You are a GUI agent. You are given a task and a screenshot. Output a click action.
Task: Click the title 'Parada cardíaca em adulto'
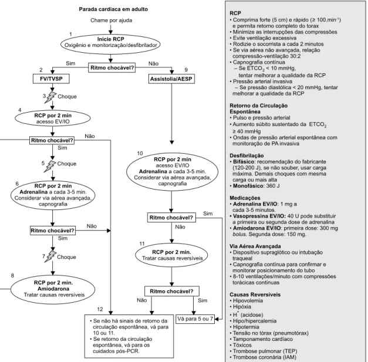click(113, 9)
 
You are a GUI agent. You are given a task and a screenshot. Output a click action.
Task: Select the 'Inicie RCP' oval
click(110, 44)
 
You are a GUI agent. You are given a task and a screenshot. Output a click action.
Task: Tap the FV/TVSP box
click(51, 79)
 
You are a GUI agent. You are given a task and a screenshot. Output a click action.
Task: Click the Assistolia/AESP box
click(171, 79)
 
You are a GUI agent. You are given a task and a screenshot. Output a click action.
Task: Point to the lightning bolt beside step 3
click(50, 97)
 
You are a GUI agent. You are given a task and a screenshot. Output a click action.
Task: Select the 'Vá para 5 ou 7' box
click(195, 319)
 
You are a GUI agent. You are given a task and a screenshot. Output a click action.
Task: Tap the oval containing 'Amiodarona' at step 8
click(53, 289)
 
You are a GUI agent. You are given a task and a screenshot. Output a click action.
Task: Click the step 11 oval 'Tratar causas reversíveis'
click(171, 255)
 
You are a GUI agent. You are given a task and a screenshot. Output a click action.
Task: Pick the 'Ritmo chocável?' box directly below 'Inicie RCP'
click(112, 68)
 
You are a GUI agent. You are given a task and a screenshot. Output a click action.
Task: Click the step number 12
click(100, 309)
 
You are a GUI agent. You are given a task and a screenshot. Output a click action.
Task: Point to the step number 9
click(186, 70)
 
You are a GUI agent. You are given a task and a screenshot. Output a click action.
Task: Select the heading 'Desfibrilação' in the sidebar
click(247, 155)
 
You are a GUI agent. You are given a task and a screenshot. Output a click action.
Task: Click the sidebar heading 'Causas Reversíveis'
click(255, 295)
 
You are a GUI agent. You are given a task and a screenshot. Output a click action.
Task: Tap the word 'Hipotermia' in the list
click(246, 327)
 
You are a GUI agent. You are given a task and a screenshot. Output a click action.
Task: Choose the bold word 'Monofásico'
click(248, 186)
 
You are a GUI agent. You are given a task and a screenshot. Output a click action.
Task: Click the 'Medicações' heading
click(245, 198)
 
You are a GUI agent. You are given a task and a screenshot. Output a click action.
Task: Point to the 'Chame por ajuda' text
click(112, 21)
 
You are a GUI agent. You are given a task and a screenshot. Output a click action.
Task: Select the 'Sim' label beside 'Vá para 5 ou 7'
click(202, 300)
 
